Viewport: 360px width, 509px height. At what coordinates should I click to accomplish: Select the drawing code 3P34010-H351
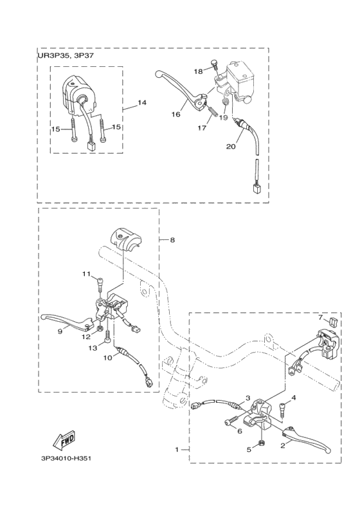[66, 459]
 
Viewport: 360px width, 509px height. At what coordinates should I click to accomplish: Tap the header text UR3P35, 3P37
[66, 55]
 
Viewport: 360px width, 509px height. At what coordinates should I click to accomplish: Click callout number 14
[141, 103]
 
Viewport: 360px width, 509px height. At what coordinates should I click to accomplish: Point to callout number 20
[231, 147]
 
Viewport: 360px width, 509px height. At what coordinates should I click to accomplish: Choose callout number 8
[172, 240]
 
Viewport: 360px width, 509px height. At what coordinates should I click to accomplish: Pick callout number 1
[177, 450]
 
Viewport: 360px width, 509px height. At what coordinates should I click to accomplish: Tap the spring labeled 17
[212, 113]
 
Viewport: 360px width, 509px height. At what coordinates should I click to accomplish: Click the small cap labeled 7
[333, 323]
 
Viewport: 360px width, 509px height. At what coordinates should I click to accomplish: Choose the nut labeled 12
[101, 329]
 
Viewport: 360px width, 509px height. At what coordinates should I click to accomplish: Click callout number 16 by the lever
[176, 115]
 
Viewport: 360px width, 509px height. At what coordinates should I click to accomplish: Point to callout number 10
[108, 357]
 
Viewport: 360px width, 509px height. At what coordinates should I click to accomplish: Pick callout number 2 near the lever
[283, 446]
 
